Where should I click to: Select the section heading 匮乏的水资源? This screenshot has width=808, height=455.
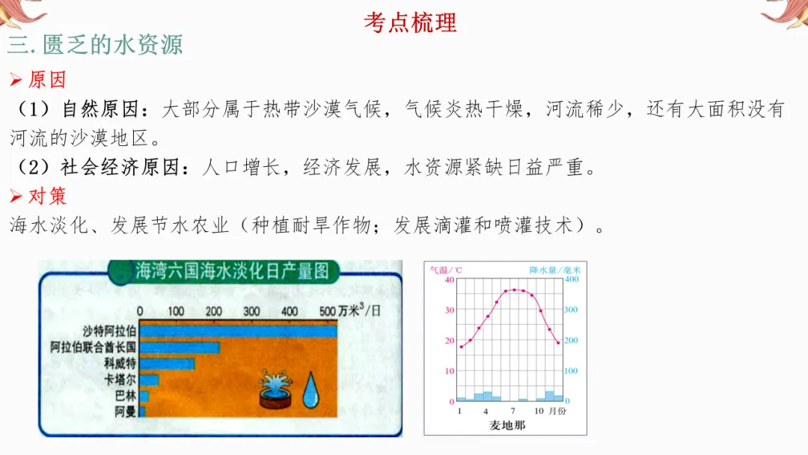(112, 45)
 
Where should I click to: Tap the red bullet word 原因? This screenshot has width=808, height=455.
(47, 79)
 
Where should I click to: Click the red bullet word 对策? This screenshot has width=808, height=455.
(47, 196)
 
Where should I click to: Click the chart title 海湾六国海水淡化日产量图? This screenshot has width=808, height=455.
(231, 271)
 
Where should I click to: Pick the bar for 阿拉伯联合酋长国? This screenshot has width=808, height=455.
(180, 347)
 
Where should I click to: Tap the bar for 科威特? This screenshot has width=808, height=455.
(167, 364)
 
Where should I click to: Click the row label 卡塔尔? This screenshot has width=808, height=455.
(120, 380)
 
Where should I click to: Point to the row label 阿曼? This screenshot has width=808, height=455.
(125, 412)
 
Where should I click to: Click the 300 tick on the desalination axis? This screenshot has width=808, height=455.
(251, 311)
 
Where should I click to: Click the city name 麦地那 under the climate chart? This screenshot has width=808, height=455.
(506, 425)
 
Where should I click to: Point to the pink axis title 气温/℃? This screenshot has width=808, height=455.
(446, 269)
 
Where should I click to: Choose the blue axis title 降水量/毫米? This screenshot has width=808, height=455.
(555, 269)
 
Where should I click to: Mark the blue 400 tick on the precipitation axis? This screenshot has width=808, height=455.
(572, 279)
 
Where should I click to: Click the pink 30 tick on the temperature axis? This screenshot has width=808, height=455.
(449, 310)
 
